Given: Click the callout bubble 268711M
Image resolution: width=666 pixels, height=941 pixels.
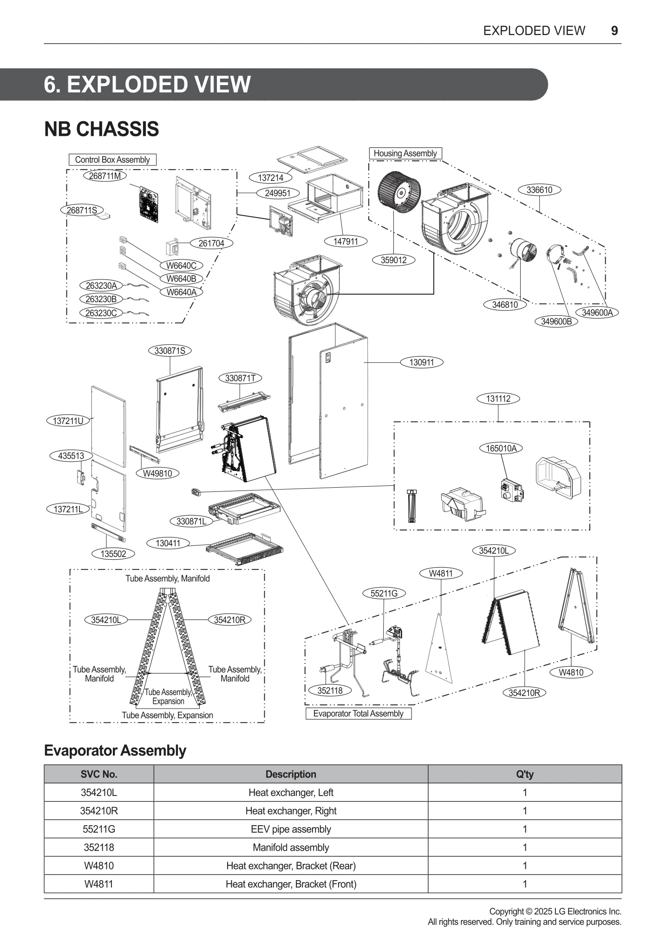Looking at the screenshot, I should tap(105, 176).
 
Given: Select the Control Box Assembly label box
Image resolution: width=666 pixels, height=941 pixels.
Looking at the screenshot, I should tap(112, 159).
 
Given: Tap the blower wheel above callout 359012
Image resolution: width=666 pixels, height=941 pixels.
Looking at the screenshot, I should tap(398, 192).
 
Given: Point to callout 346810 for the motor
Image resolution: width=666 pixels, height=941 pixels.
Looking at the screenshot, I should tap(505, 305).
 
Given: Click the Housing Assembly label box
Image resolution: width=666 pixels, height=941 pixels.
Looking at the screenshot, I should tap(405, 153).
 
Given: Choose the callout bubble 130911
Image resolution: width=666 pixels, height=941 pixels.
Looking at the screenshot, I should tap(421, 362).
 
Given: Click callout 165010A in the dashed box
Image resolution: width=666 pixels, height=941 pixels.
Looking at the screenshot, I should tap(501, 448).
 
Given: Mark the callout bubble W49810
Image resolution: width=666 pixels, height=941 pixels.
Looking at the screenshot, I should tap(157, 473).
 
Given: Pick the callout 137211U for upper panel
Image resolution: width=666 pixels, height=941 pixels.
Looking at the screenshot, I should tap(68, 421).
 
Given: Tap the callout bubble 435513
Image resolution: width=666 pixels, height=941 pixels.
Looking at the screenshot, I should tap(71, 456).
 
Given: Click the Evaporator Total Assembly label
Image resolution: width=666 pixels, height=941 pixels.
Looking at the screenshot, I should tap(358, 713).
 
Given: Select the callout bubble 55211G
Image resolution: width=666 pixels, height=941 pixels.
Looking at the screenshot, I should tap(384, 593).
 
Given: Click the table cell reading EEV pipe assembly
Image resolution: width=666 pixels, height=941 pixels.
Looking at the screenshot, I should tap(291, 829).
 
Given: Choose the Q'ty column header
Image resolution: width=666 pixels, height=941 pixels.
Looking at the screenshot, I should tap(524, 774).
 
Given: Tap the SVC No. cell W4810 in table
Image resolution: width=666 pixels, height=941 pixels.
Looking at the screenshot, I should tap(99, 866).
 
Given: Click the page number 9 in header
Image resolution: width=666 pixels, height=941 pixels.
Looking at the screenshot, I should tap(614, 31).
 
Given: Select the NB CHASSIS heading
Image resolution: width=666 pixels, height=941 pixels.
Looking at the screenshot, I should tap(101, 129).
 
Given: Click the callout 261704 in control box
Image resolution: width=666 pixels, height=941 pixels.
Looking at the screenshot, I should tap(211, 243).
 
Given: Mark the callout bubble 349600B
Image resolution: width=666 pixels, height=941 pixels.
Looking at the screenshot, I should tap(556, 321).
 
